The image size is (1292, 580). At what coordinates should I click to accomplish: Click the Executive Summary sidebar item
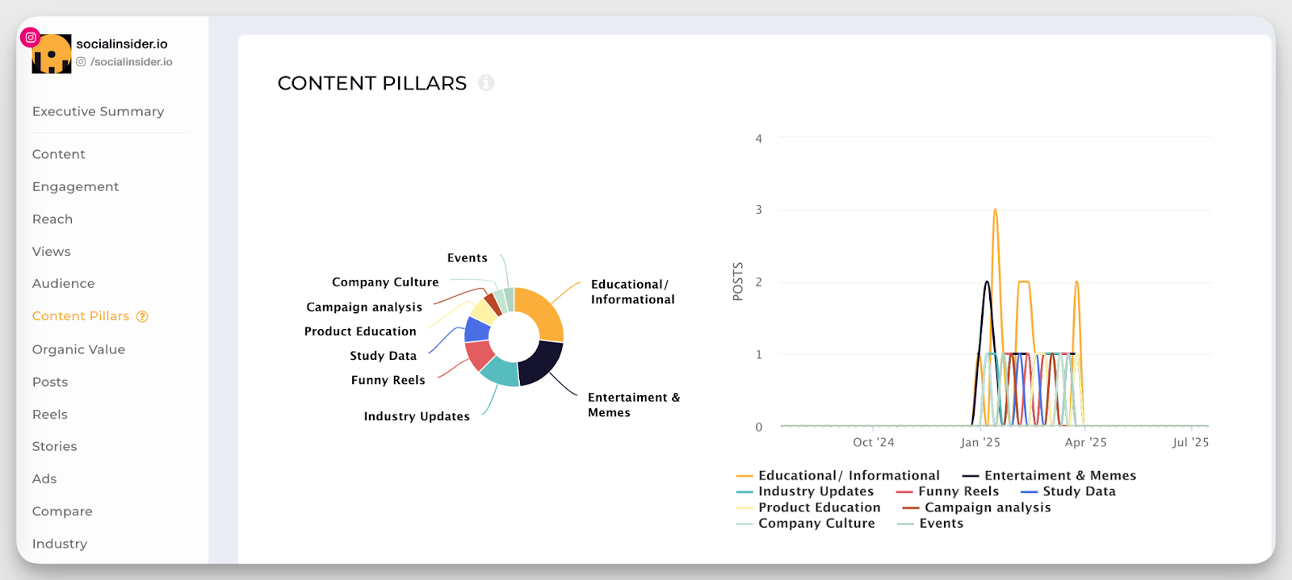pos(98,111)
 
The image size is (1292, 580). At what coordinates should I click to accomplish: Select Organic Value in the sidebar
pos(78,349)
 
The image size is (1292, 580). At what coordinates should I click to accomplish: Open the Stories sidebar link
pos(54,446)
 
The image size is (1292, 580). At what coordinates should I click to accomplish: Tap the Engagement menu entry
pos(75,186)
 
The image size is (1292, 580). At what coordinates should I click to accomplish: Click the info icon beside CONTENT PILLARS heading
pos(486,82)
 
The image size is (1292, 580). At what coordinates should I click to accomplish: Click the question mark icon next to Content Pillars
pos(142,316)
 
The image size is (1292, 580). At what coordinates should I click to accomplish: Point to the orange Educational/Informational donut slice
pos(543,311)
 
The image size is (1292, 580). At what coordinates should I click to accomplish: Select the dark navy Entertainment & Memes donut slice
pos(539,364)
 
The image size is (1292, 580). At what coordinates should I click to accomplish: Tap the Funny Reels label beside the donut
pos(388,380)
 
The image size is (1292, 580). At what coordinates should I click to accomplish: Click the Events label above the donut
pos(467,258)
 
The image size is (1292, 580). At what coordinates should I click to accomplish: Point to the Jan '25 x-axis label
pos(979,442)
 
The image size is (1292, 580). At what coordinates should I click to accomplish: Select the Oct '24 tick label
pos(873,442)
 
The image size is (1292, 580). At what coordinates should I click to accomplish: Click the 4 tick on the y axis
pos(758,139)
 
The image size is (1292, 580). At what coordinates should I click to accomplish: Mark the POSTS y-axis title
pos(737,282)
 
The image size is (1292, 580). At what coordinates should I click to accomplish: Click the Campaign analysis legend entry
pos(987,507)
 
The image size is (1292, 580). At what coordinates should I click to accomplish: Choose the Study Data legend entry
pos(1078,491)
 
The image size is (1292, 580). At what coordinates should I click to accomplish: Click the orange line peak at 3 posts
pos(995,211)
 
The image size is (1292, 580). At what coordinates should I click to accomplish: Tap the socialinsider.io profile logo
pos(51,54)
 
